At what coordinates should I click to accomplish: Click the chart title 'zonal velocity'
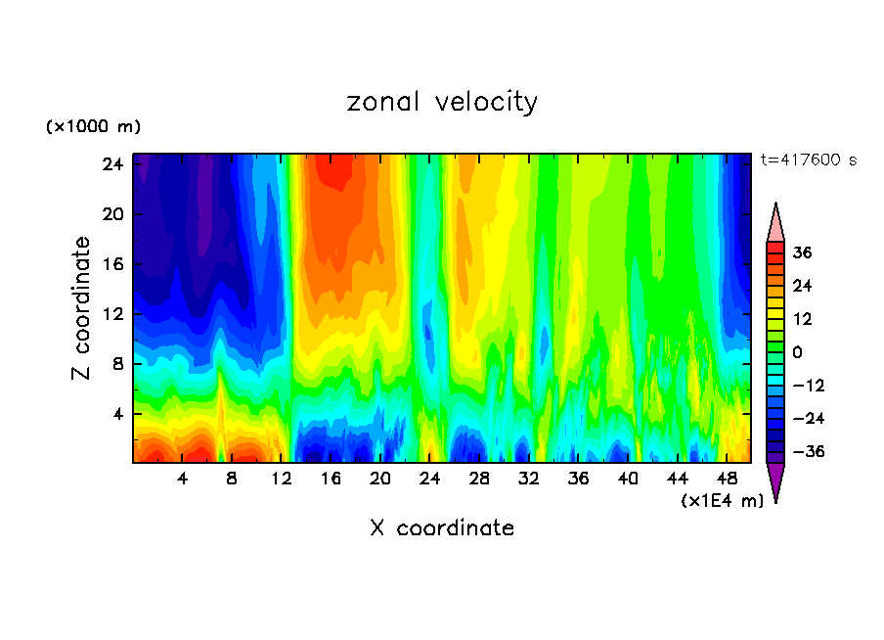(x=442, y=102)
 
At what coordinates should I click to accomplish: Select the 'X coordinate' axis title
(x=442, y=528)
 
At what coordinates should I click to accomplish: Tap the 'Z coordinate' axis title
(x=82, y=308)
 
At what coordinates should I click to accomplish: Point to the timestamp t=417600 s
(x=808, y=160)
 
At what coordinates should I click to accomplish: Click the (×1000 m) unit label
(x=93, y=127)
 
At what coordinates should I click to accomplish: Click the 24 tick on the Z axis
(x=112, y=164)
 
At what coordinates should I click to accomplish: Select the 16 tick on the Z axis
(x=112, y=264)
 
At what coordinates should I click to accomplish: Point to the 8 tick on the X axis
(x=232, y=479)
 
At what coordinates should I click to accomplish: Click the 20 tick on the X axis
(x=380, y=479)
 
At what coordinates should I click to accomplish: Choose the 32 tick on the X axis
(x=529, y=479)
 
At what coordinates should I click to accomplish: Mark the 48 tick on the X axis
(x=727, y=479)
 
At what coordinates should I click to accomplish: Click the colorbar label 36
(x=802, y=252)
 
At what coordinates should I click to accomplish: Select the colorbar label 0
(x=798, y=352)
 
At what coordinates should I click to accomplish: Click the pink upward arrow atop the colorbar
(x=775, y=224)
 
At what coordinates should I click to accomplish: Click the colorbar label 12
(x=802, y=319)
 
